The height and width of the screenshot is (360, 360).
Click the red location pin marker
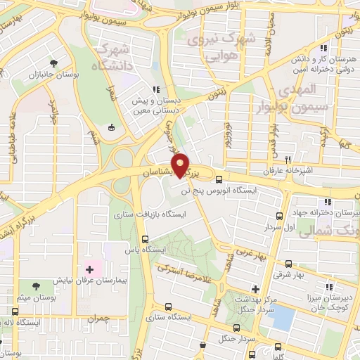[x=181, y=165]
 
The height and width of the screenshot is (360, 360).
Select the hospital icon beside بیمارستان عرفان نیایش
[x=89, y=269]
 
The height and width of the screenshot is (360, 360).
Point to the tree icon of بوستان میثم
[x=36, y=285]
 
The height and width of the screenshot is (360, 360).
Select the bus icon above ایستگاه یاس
[x=145, y=238]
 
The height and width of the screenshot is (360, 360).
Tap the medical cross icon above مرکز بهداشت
[x=255, y=289]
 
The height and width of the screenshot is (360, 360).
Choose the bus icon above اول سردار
[x=280, y=216]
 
